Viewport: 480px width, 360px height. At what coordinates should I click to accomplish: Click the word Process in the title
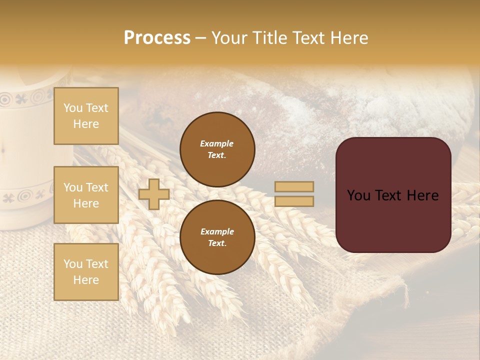(x=157, y=38)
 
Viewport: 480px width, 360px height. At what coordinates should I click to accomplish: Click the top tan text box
(x=86, y=116)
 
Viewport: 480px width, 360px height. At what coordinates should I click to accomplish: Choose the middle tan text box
(x=86, y=195)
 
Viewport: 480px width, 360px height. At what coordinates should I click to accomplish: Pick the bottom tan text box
(x=86, y=272)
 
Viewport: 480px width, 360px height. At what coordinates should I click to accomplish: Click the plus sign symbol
(x=154, y=194)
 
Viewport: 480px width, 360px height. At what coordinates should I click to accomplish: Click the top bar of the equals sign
(x=294, y=187)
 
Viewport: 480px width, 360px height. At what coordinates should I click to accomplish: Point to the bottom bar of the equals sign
(x=294, y=201)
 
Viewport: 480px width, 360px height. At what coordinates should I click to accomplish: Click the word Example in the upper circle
(x=217, y=143)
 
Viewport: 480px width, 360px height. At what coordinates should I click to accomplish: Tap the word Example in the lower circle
(x=217, y=231)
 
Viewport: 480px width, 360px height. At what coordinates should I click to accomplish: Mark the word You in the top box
(x=72, y=108)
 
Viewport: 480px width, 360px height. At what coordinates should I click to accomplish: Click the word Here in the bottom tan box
(x=86, y=280)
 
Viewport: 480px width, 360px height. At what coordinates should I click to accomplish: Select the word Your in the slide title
(x=229, y=38)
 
